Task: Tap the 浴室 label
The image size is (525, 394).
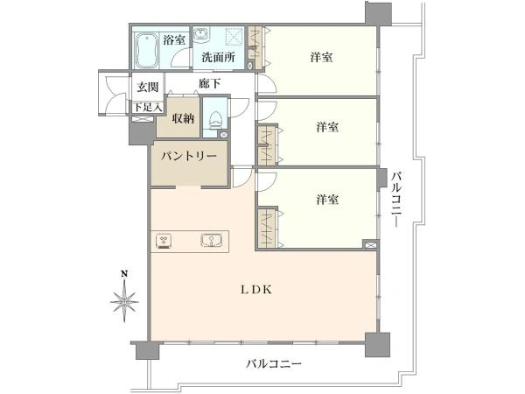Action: click(x=174, y=40)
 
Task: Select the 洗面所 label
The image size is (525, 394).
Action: click(x=218, y=57)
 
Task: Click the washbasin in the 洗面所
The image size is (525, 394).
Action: click(x=201, y=34)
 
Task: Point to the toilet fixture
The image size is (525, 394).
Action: click(x=214, y=119)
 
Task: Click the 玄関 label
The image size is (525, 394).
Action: click(x=148, y=87)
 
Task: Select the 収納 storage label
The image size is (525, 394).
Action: click(x=183, y=118)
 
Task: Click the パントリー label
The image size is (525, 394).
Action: click(x=188, y=157)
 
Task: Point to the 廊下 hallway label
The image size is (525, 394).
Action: click(x=210, y=83)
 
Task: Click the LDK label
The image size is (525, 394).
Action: click(x=256, y=290)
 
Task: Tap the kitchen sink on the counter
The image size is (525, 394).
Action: click(x=212, y=241)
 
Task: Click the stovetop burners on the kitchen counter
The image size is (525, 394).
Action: click(x=164, y=241)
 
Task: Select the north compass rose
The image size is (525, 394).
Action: click(x=124, y=300)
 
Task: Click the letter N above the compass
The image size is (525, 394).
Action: click(x=124, y=274)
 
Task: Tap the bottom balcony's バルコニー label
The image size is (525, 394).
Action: click(x=274, y=363)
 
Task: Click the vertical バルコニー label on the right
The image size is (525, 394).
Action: click(x=396, y=199)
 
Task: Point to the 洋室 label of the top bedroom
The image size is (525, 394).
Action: click(x=321, y=57)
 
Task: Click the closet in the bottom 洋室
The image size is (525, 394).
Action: click(x=268, y=229)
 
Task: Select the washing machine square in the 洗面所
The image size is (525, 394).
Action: click(x=233, y=36)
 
